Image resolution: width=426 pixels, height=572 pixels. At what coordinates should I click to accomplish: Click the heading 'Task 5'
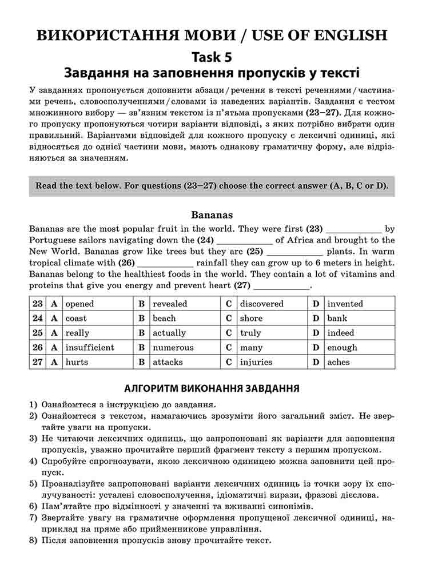point(212,57)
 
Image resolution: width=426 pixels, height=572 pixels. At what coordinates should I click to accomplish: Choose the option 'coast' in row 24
point(76,319)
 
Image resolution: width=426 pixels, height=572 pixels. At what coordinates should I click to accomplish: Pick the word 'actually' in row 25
point(169,333)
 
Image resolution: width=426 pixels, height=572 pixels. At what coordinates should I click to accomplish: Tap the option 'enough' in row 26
point(342,348)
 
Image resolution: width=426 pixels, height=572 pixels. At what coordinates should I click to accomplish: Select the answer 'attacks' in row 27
point(168,362)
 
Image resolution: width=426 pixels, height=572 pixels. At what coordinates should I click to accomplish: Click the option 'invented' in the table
point(345,304)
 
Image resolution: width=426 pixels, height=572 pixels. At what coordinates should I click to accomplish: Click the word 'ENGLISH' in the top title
point(351,35)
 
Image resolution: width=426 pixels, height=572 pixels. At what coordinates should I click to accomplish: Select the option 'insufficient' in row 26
point(90,348)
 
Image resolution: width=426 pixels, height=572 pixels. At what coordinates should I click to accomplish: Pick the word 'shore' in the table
point(251,319)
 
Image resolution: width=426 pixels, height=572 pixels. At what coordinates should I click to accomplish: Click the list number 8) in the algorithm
point(33,541)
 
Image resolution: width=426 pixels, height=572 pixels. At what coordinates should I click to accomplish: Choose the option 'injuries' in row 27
point(256,362)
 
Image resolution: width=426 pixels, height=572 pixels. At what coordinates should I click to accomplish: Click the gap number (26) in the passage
point(126,263)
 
